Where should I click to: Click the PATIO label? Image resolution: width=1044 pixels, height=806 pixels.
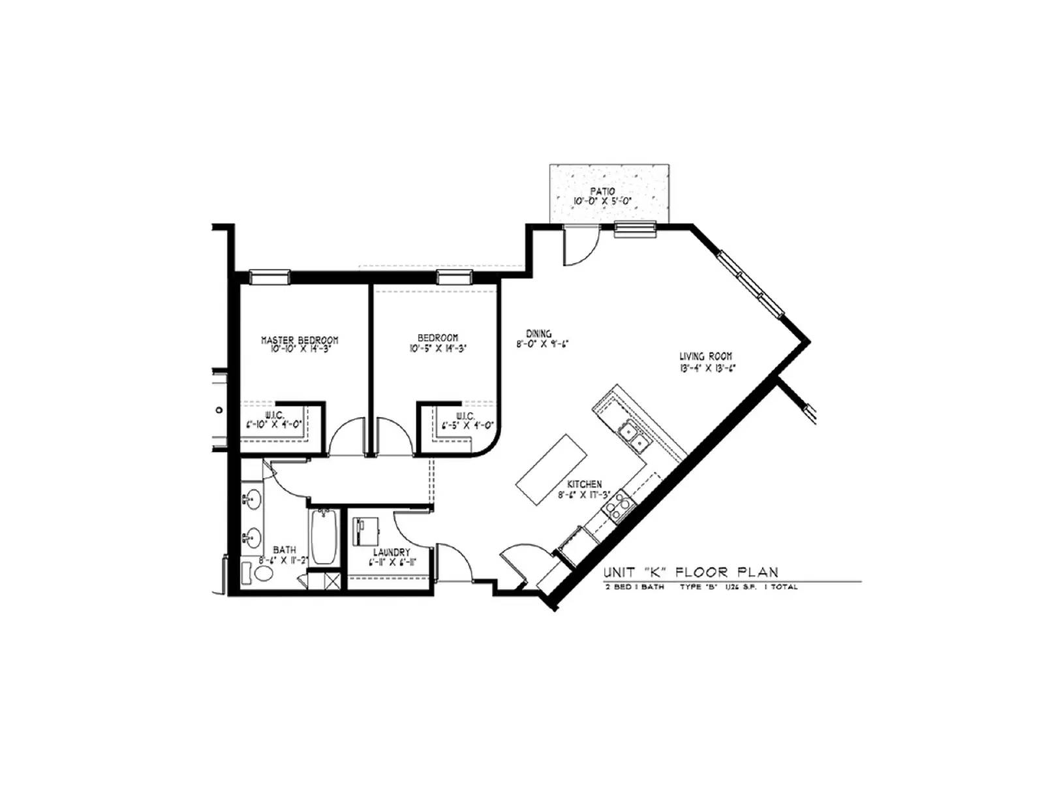(x=602, y=191)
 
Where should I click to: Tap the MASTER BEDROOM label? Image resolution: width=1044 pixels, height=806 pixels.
(x=299, y=340)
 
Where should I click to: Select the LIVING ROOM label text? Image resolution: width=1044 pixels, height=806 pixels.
(x=705, y=356)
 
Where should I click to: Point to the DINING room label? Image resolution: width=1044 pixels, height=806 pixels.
(x=538, y=333)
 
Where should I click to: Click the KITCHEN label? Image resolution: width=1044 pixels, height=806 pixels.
(x=584, y=484)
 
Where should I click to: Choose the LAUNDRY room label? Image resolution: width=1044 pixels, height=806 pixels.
(x=391, y=552)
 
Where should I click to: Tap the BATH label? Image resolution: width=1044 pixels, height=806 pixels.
(x=284, y=550)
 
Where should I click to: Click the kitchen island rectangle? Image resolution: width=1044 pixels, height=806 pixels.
(x=552, y=469)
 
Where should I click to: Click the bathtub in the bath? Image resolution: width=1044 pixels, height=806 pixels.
(x=323, y=537)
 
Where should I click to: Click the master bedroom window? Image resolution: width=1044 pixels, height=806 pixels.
(x=269, y=277)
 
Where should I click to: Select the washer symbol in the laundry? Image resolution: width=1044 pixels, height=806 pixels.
(x=366, y=531)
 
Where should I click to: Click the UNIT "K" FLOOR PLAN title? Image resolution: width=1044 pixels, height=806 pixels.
(x=690, y=572)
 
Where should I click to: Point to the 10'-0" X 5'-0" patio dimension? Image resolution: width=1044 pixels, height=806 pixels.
(x=602, y=201)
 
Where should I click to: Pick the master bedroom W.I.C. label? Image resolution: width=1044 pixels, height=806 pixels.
(x=273, y=415)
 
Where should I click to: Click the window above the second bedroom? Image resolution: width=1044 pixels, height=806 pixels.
(x=454, y=277)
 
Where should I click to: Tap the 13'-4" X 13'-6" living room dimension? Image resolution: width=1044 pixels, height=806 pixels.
(x=707, y=367)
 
